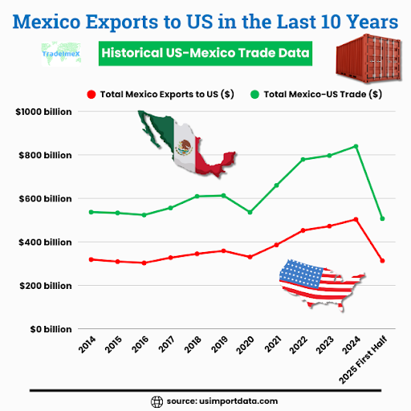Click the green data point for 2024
click(x=356, y=146)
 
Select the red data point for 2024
click(x=356, y=219)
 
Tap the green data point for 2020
click(x=250, y=212)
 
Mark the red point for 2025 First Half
click(x=382, y=261)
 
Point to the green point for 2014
click(x=91, y=212)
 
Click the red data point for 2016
click(x=144, y=262)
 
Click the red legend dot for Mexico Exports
click(x=91, y=94)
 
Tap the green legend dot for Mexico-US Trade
click(x=255, y=94)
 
